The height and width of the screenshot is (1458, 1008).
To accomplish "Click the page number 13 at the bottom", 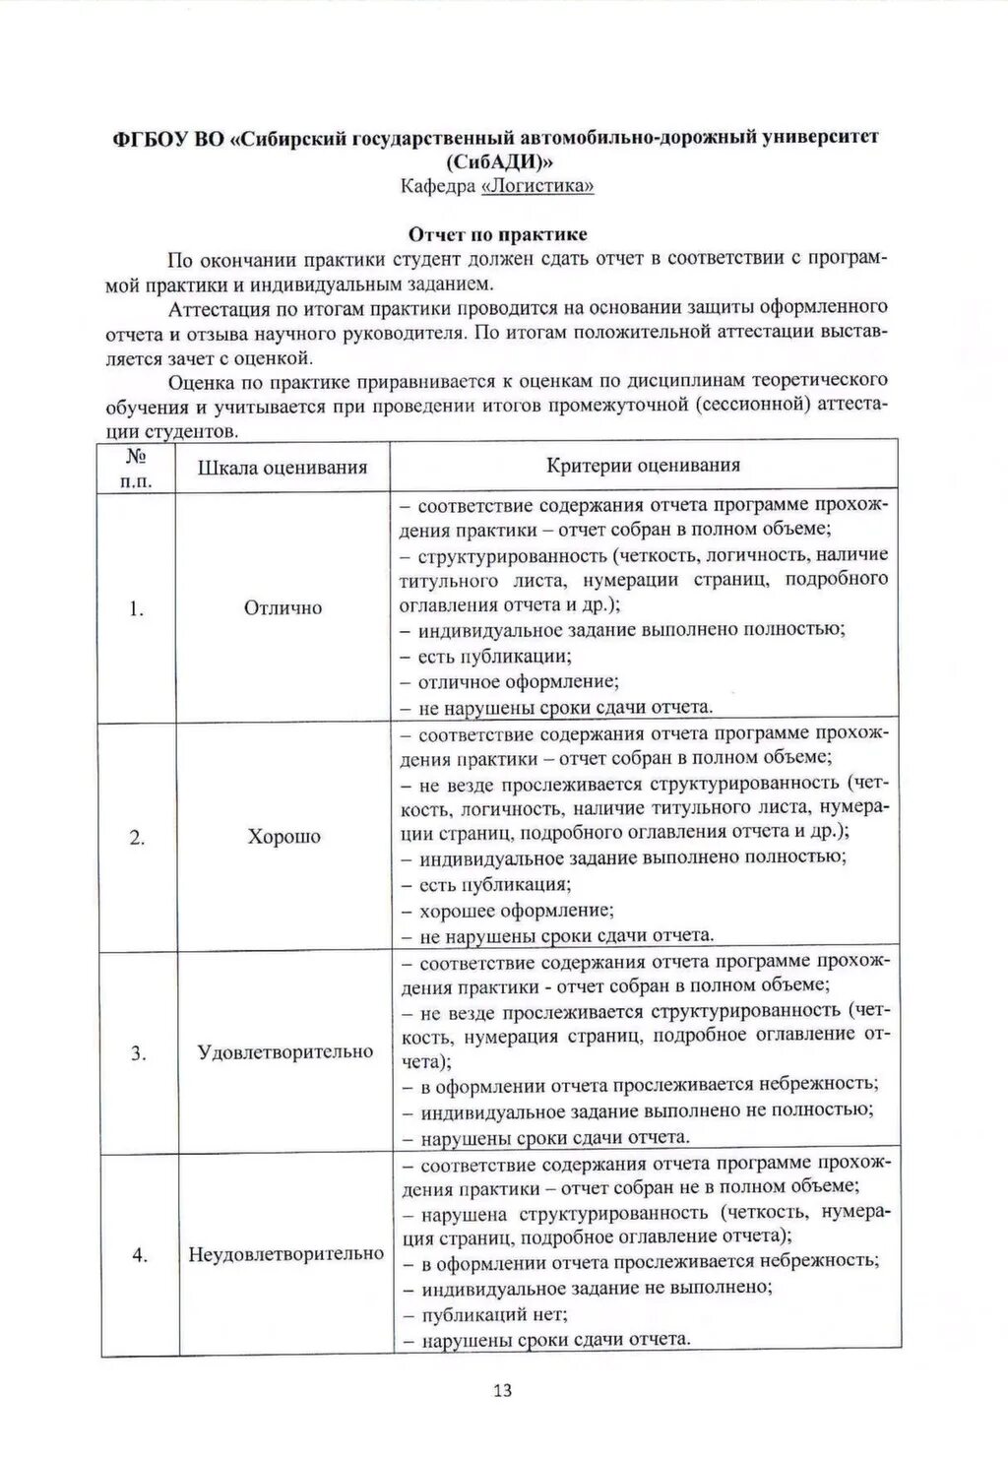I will (x=502, y=1390).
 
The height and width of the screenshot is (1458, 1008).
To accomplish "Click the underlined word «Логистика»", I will (x=537, y=186).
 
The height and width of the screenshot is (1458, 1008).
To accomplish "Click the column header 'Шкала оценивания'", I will (x=283, y=468).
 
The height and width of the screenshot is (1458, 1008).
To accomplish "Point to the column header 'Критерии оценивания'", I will (x=643, y=466).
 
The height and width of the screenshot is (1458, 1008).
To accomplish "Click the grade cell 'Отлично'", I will (x=283, y=608).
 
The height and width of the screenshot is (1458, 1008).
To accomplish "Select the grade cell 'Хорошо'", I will (x=283, y=837).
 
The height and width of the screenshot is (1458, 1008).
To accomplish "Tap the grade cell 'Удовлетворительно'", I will (x=285, y=1051).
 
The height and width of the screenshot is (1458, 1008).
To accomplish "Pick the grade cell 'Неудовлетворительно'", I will (x=285, y=1254).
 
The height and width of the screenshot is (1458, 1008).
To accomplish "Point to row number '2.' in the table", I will (x=137, y=838).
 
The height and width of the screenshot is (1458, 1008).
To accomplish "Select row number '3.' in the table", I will (x=138, y=1053).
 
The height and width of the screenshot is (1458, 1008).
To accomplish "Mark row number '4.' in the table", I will (x=139, y=1255).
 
